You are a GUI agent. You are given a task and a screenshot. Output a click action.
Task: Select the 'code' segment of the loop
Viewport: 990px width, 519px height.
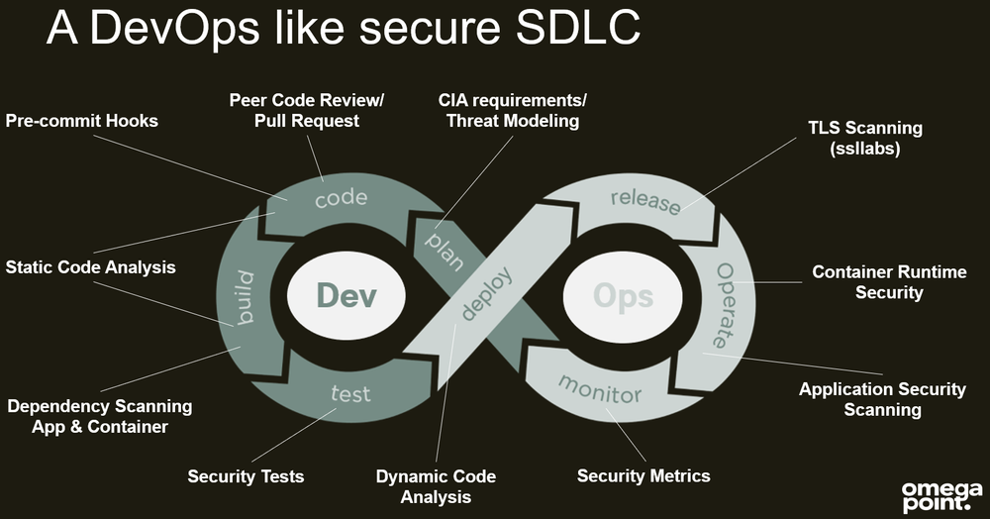tap(341, 199)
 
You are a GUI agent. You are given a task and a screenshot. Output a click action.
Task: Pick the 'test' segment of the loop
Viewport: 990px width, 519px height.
tap(349, 393)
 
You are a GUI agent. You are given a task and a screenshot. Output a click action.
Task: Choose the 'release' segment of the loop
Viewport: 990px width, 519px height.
tap(645, 201)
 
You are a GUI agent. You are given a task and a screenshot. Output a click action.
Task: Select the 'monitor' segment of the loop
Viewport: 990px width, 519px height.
tap(600, 387)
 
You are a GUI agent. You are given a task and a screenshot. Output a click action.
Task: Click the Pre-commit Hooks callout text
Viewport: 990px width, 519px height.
tap(82, 121)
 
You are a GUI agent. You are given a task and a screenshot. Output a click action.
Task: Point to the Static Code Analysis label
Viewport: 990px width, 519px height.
tap(90, 267)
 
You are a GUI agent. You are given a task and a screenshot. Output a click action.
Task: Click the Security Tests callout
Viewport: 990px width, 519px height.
tap(246, 476)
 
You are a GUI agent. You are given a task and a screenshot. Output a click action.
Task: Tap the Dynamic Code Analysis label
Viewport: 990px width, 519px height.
tap(436, 486)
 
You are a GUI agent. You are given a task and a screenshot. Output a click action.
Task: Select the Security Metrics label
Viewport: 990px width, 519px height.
tap(643, 476)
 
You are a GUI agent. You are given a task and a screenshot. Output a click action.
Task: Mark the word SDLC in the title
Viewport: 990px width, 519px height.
tap(572, 30)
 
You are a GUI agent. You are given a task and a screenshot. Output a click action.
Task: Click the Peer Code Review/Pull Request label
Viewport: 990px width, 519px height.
tap(307, 110)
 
